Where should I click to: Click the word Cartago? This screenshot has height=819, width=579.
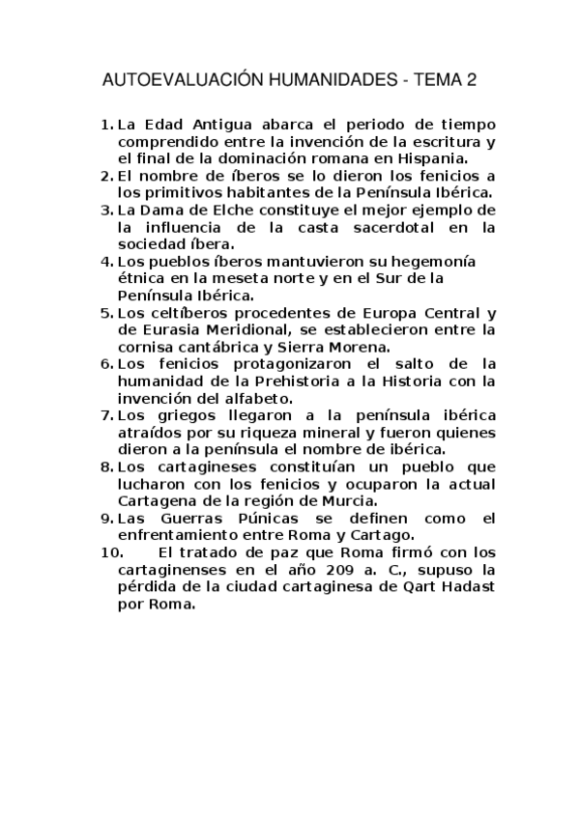pyautogui.click(x=383, y=535)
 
